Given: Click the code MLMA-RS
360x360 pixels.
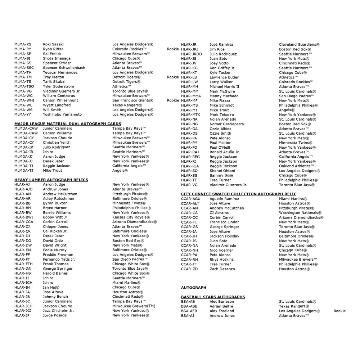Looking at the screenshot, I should point(23,44).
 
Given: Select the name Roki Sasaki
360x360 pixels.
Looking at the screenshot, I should point(53,44).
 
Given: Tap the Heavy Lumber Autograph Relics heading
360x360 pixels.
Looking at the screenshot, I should point(51,180).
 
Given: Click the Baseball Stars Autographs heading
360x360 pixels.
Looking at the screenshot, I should point(213,297).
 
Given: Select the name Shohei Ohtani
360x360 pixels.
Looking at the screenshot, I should point(222,171).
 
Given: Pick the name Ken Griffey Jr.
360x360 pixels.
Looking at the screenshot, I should point(222,68).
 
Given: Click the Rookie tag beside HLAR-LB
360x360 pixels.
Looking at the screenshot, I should point(173,77).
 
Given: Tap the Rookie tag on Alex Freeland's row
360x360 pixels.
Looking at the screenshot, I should point(339,311).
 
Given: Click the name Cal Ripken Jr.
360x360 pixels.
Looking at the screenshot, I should point(55,231).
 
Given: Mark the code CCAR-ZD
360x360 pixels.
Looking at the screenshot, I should point(189,269).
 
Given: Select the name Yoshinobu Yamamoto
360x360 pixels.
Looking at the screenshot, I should point(62,114).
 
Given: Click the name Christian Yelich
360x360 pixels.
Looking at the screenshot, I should point(57,143).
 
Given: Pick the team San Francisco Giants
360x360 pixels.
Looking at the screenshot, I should point(132,100).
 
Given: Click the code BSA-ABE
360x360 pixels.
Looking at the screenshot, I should point(189,306).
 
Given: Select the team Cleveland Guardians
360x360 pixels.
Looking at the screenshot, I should point(299,44).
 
